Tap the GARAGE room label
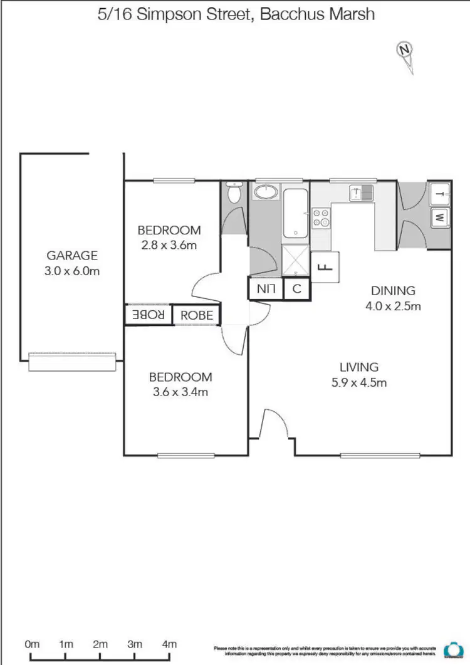(73, 255)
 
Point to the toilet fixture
(234, 192)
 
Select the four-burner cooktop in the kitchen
(321, 217)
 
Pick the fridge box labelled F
(325, 267)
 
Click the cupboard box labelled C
(297, 289)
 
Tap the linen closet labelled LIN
(266, 289)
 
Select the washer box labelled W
(439, 218)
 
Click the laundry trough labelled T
(439, 194)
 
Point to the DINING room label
(393, 291)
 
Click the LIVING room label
(359, 367)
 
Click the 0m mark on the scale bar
(31, 644)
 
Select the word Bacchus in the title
(289, 14)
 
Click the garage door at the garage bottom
(73, 362)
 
